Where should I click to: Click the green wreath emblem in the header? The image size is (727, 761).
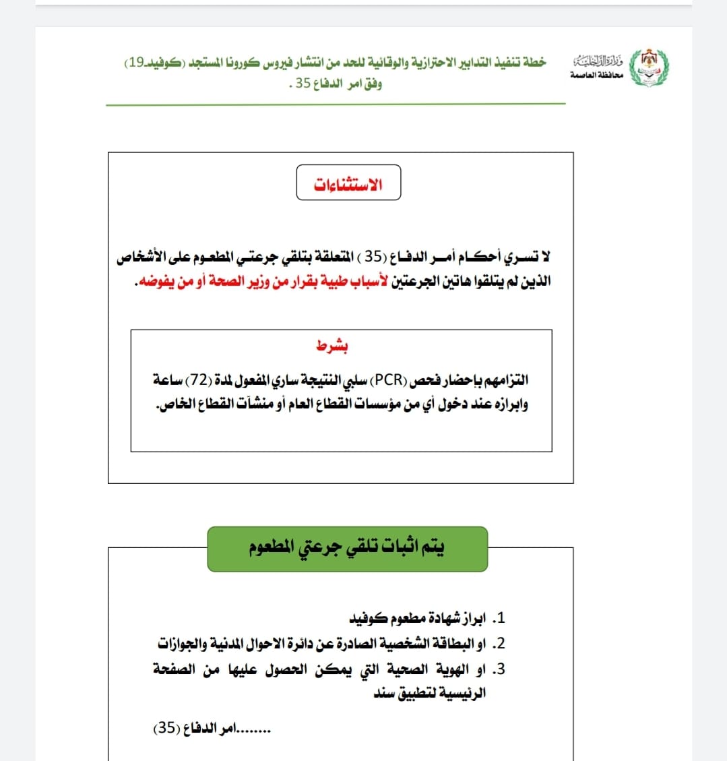pos(649,66)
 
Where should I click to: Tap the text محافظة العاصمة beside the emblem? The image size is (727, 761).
pos(596,75)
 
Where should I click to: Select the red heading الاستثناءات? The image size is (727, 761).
pos(348,184)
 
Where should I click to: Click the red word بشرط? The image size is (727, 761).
pos(332,346)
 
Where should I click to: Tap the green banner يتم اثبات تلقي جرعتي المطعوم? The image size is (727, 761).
pos(347,548)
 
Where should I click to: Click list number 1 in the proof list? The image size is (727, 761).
pos(499,618)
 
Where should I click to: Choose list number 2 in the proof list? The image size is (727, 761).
pos(499,644)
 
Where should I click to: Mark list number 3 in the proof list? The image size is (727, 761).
pos(499,669)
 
